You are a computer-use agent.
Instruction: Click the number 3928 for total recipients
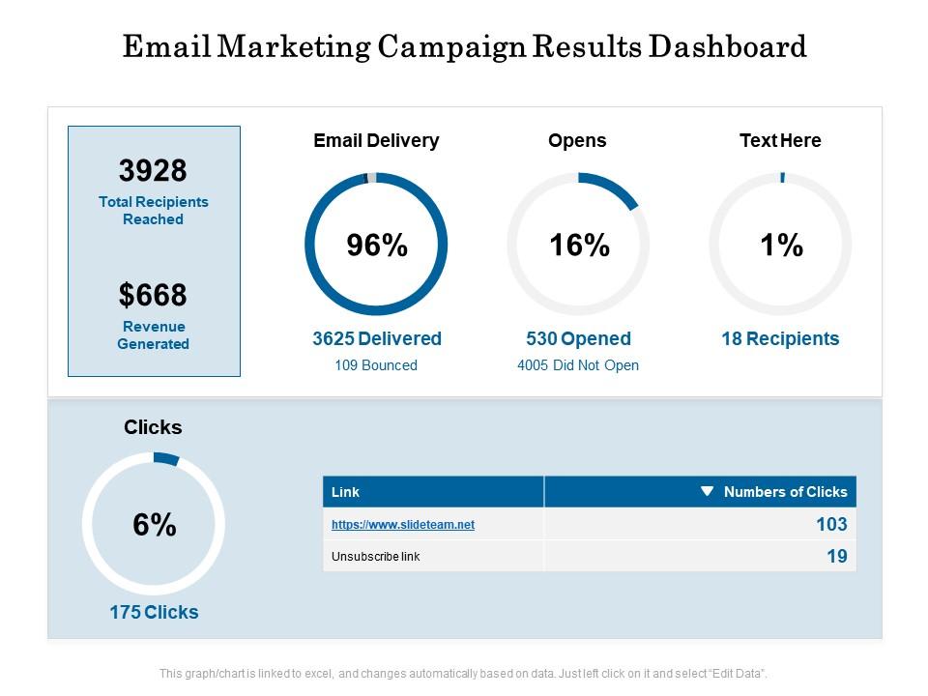[x=153, y=171]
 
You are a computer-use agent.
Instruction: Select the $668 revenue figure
[x=153, y=295]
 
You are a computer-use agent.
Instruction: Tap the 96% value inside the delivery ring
[x=377, y=246]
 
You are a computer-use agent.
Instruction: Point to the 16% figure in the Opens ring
[x=579, y=246]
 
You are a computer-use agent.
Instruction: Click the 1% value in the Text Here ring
[x=781, y=246]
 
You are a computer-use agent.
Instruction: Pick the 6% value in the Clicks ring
[x=155, y=525]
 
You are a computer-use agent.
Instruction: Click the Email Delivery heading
[x=376, y=140]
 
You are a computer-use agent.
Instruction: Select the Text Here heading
[x=780, y=140]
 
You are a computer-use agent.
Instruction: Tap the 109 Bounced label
[x=376, y=365]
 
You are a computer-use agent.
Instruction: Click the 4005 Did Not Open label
[x=578, y=365]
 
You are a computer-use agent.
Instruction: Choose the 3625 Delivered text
[x=376, y=338]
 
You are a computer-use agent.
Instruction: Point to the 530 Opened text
[x=578, y=338]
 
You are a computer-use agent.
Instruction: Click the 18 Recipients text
[x=780, y=338]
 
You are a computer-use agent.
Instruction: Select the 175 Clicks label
[x=154, y=612]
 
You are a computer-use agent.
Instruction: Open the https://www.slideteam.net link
[x=403, y=525]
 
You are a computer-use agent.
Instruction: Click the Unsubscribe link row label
[x=375, y=557]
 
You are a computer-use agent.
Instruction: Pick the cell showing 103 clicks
[x=830, y=525]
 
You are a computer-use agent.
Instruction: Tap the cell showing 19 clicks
[x=836, y=556]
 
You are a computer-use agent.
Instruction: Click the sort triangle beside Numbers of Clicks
[x=707, y=491]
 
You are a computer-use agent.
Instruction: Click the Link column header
[x=345, y=492]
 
